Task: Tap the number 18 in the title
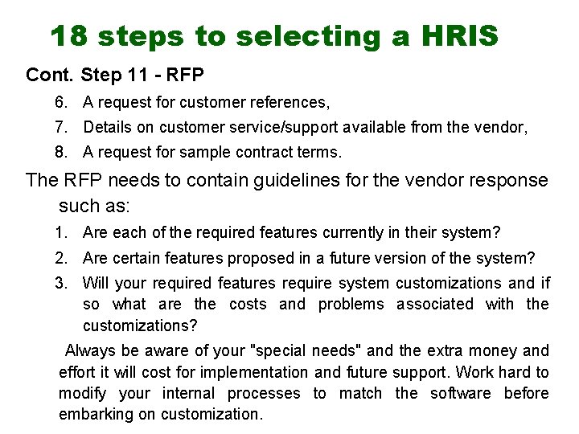click(x=68, y=35)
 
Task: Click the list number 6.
click(x=60, y=102)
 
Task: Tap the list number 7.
click(x=60, y=127)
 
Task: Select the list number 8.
click(x=60, y=152)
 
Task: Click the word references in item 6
click(x=290, y=102)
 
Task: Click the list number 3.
click(x=60, y=283)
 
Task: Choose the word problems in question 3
click(x=351, y=304)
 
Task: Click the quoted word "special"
click(x=279, y=350)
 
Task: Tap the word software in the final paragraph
click(x=460, y=393)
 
